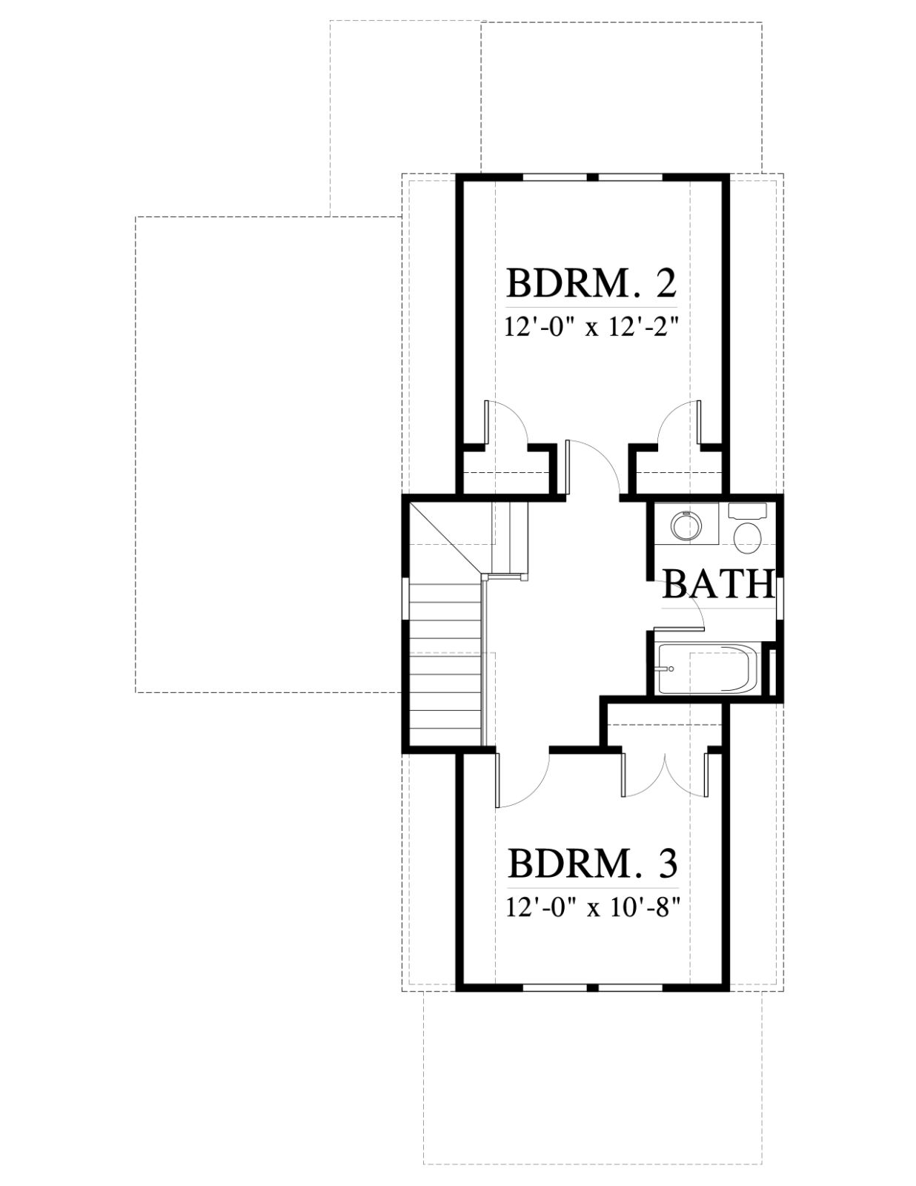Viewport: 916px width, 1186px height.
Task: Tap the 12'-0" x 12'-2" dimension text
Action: [592, 329]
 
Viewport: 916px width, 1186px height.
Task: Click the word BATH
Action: [719, 584]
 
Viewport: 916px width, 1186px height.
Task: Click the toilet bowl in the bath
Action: [746, 538]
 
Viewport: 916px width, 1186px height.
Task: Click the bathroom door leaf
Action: [677, 629]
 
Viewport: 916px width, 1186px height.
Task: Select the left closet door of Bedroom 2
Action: [485, 423]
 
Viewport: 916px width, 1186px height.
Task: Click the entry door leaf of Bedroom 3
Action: [497, 779]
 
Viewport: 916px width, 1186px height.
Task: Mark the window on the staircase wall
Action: [404, 598]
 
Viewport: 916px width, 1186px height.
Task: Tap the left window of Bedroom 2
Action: [555, 177]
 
